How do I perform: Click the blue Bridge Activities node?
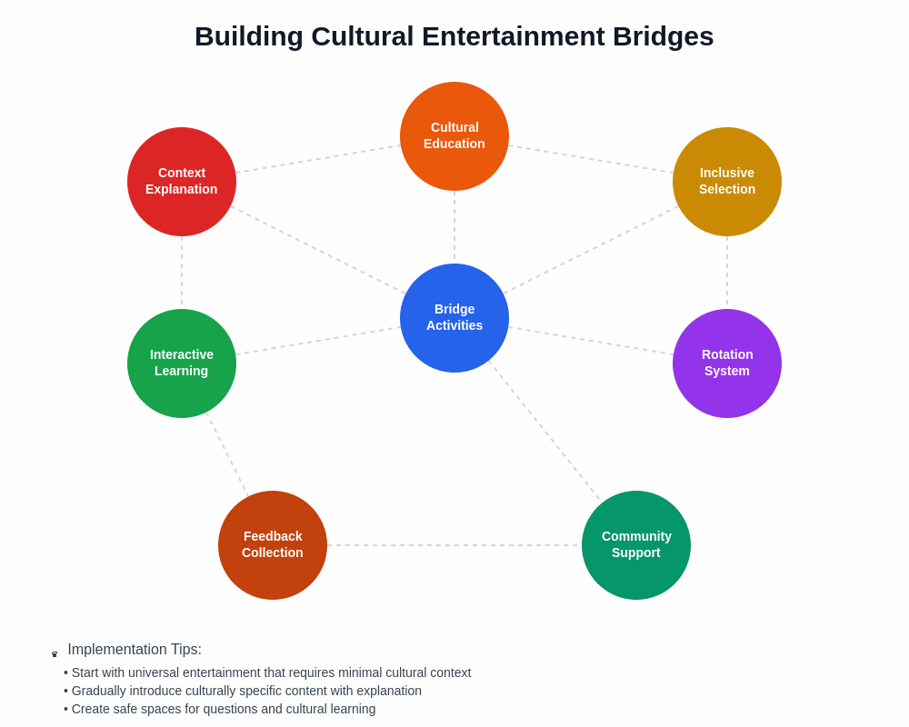454,318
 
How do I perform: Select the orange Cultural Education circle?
454,136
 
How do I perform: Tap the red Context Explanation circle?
182,182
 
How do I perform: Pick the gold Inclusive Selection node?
727,182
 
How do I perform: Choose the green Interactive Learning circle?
182,363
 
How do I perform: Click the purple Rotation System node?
727,363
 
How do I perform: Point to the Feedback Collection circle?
273,545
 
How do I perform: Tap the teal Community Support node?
636,545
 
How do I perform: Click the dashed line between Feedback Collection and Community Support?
454,545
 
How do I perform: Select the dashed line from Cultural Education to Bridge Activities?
454,227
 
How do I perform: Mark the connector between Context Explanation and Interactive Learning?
182,273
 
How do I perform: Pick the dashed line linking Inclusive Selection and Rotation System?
727,273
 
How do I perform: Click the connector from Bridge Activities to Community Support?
544,429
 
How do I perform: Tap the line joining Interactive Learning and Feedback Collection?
227,454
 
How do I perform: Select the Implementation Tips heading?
135,650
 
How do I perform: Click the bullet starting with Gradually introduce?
243,691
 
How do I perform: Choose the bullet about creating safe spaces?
220,709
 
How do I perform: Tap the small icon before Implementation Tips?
55,653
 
